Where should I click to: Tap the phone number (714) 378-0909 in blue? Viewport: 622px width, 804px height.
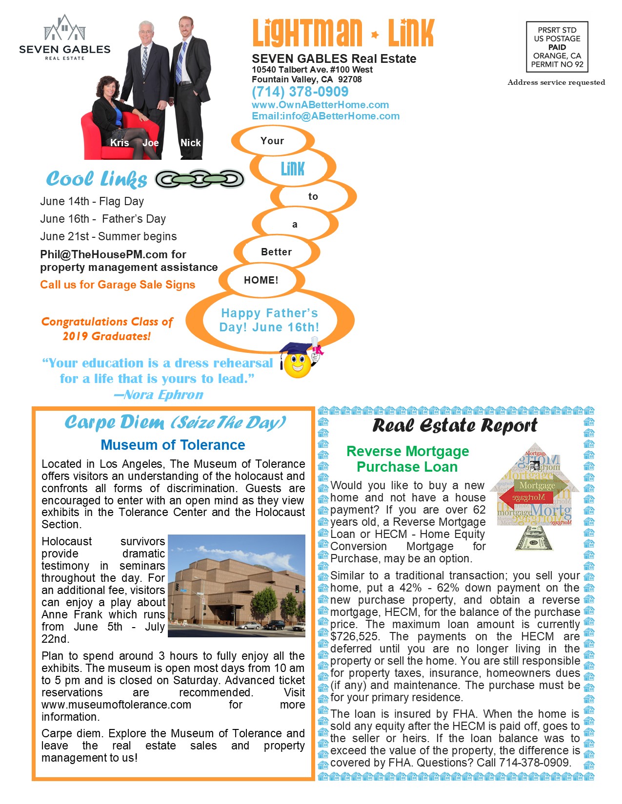tap(300, 92)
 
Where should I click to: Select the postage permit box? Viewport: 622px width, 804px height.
tap(557, 47)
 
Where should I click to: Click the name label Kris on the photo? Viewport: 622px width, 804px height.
tap(120, 143)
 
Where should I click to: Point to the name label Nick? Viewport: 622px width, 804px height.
tap(190, 143)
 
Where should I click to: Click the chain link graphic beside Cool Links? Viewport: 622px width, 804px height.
tap(200, 179)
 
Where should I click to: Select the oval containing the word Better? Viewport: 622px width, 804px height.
tap(276, 252)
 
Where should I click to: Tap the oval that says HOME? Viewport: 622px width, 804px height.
tap(261, 280)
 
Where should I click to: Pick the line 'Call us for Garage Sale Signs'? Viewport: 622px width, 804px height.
tap(118, 285)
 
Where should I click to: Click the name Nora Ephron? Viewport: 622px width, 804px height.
tap(163, 395)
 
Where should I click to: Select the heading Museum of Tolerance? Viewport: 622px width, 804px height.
tap(173, 445)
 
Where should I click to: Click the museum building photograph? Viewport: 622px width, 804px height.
tap(236, 586)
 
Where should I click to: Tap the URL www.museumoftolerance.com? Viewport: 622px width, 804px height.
tap(116, 705)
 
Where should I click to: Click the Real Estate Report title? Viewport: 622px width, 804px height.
tap(455, 425)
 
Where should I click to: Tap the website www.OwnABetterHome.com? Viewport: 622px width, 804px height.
tap(320, 105)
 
